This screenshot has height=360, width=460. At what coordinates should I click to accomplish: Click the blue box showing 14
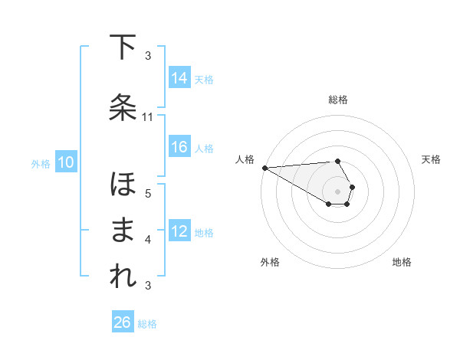coord(179,78)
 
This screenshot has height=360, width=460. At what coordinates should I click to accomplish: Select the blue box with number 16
coord(179,147)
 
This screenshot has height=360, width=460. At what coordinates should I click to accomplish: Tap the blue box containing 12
coord(179,232)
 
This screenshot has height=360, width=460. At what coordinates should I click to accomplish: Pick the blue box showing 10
coord(65,162)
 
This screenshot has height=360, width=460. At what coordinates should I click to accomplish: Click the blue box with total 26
coord(122,323)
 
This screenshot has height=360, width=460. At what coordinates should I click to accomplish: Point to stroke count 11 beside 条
coord(148,117)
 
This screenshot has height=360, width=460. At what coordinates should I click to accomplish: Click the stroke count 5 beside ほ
coord(148,193)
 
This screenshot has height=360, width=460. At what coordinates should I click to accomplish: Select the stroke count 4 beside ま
coord(148,240)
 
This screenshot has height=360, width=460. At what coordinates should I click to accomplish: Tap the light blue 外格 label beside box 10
coord(41,163)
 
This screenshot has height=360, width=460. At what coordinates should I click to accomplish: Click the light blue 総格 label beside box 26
coord(147,324)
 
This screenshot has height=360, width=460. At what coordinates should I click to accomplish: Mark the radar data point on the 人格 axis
coord(264,167)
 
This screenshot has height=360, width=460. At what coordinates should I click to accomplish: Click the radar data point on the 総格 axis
coord(337,161)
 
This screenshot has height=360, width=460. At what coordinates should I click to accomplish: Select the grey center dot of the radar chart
coord(337,191)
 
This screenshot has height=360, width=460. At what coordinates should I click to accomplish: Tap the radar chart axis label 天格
coord(432,159)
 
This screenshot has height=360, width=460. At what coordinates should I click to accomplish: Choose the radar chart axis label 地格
coord(402,262)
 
